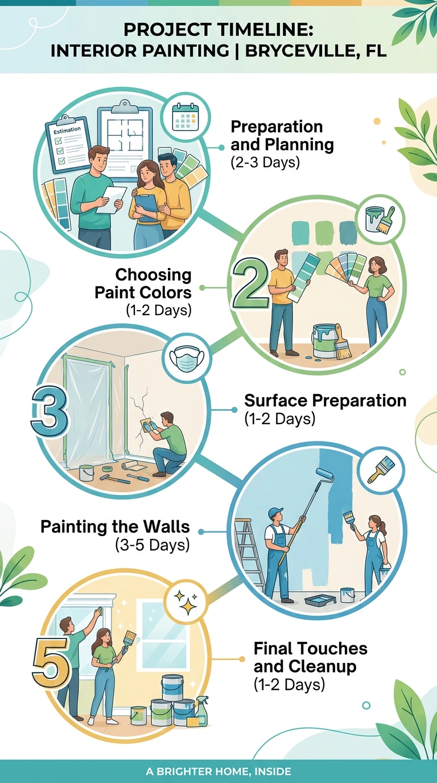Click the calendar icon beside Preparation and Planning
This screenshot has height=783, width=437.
[186, 117]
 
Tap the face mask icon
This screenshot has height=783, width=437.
[187, 359]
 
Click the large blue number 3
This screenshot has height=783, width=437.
[50, 410]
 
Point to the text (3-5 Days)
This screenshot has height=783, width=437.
[152, 545]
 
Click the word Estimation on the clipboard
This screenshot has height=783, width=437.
[67, 130]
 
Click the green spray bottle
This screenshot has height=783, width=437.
[203, 711]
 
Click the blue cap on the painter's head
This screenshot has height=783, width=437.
[275, 512]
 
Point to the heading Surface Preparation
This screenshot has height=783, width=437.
[325, 401]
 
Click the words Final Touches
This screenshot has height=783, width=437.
[311, 649]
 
